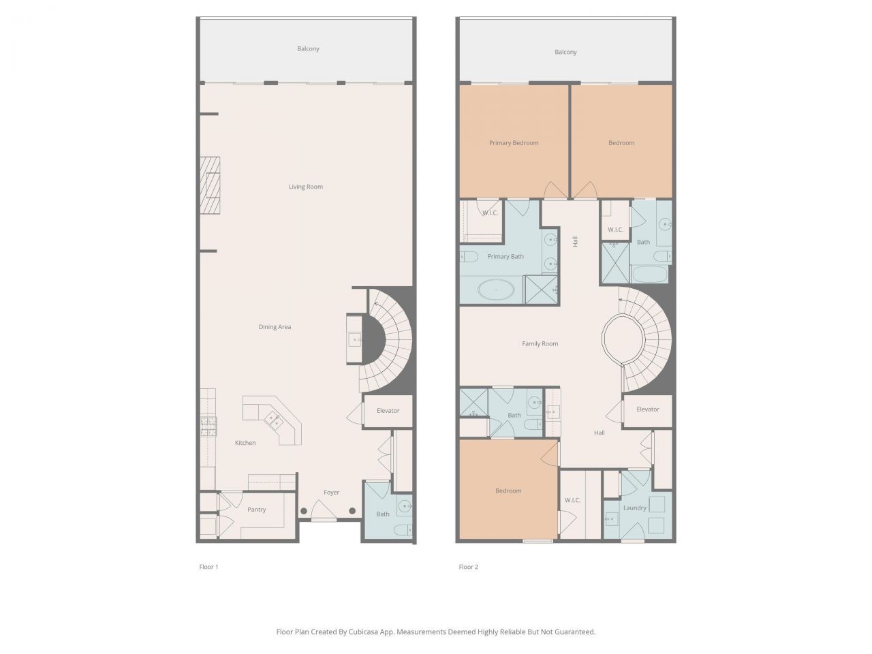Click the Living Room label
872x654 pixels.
pyautogui.click(x=305, y=187)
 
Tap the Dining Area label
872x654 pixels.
pyautogui.click(x=275, y=327)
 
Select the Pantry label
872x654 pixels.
pyautogui.click(x=256, y=510)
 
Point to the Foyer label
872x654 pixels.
pyautogui.click(x=331, y=493)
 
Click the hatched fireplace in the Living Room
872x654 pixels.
pyautogui.click(x=210, y=185)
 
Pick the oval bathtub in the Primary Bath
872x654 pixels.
pyautogui.click(x=496, y=290)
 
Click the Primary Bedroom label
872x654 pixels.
pyautogui.click(x=513, y=143)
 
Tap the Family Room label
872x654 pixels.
pyautogui.click(x=540, y=344)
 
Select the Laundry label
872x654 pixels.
pyautogui.click(x=634, y=508)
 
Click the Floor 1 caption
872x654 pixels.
pyautogui.click(x=208, y=567)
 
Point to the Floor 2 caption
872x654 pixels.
pyautogui.click(x=468, y=567)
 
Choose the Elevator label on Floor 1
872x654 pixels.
pyautogui.click(x=388, y=411)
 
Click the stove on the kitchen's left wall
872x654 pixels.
pyautogui.click(x=208, y=426)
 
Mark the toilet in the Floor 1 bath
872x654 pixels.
pyautogui.click(x=405, y=530)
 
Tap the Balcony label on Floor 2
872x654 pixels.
pyautogui.click(x=565, y=52)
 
